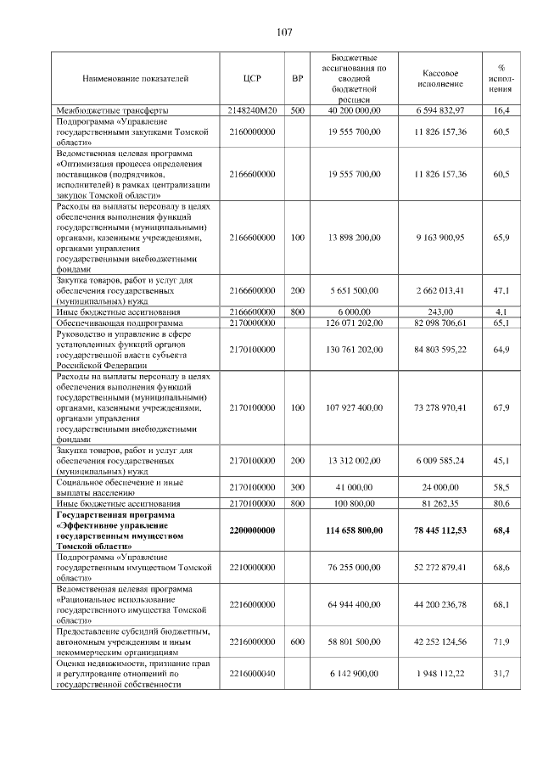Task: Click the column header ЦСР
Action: [252, 79]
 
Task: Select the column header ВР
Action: [297, 79]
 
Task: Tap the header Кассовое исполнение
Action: [441, 79]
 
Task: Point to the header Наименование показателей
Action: [135, 79]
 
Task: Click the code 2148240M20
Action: [252, 110]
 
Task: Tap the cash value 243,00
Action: [441, 313]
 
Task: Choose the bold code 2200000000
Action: [252, 530]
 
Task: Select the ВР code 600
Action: [297, 642]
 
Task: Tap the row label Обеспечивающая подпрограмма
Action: [118, 323]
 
